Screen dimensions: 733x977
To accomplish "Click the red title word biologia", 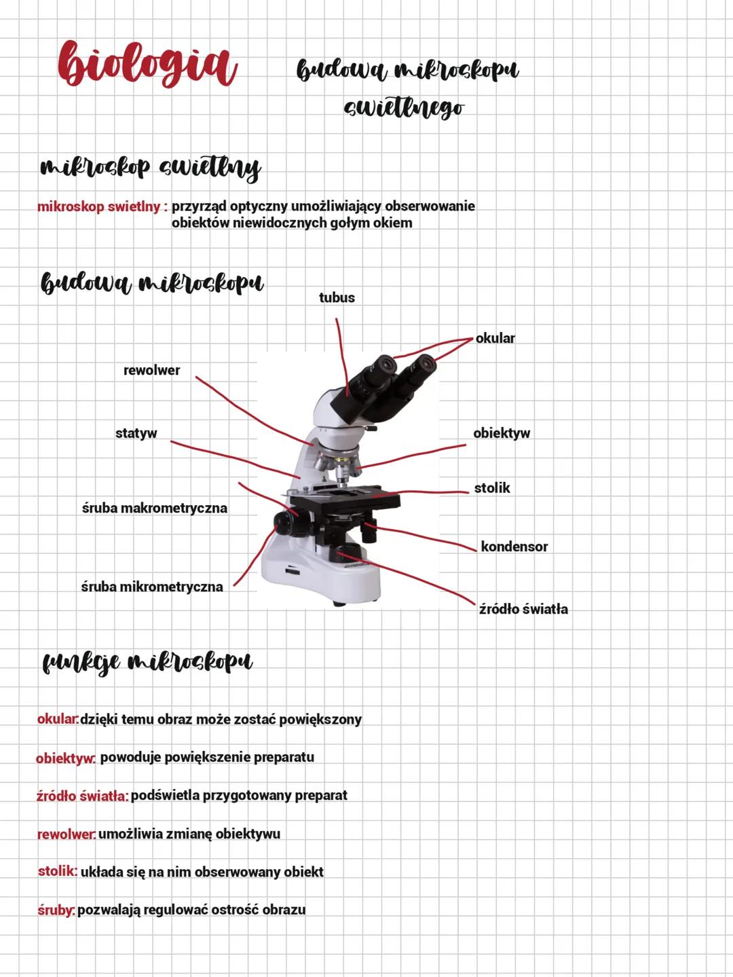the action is (x=147, y=64).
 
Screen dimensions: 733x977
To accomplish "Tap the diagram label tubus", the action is (x=337, y=297).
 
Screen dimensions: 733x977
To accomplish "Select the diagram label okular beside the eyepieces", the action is (x=495, y=338).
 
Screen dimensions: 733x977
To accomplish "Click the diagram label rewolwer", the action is (x=151, y=370).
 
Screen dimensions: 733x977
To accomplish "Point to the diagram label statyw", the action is (x=136, y=433).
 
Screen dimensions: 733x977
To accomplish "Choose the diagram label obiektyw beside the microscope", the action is (x=502, y=433).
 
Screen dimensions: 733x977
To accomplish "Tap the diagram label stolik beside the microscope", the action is (x=492, y=488).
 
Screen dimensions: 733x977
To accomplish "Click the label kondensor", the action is (x=514, y=547).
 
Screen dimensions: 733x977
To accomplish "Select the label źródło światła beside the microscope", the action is (x=523, y=609).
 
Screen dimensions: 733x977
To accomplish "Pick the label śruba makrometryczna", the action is (x=154, y=509).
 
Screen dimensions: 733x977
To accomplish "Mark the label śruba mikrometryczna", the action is (x=152, y=587).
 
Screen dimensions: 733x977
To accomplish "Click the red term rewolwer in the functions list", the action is (x=67, y=834).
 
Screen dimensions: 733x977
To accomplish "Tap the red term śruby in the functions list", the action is (x=56, y=910).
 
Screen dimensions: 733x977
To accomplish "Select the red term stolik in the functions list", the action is (x=58, y=871).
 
